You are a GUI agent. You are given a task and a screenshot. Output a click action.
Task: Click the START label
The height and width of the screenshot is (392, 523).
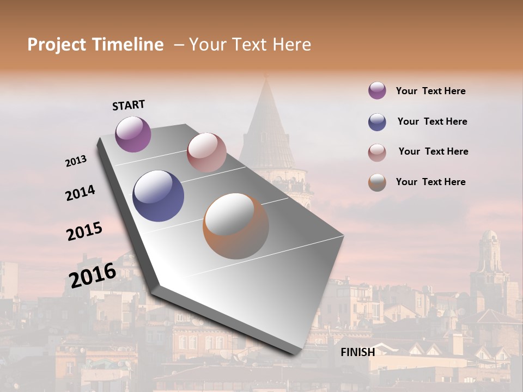pyautogui.click(x=129, y=105)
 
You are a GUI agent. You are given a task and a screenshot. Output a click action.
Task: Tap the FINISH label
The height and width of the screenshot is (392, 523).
pyautogui.click(x=357, y=352)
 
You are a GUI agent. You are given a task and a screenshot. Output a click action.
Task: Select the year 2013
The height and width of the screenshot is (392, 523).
pyautogui.click(x=76, y=161)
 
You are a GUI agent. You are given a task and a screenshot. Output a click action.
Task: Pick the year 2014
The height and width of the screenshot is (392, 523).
pyautogui.click(x=80, y=193)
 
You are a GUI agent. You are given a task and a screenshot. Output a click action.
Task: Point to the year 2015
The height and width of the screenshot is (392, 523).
pyautogui.click(x=84, y=231)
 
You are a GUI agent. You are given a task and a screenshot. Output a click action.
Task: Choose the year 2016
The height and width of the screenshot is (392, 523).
pyautogui.click(x=93, y=275)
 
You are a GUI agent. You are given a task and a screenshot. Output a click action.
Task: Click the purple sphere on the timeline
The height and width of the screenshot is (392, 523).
pyautogui.click(x=133, y=134)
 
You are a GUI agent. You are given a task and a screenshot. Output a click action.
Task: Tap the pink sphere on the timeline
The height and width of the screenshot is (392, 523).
pyautogui.click(x=206, y=152)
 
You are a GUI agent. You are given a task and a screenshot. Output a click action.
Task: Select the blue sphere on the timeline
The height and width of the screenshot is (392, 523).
pyautogui.click(x=158, y=196)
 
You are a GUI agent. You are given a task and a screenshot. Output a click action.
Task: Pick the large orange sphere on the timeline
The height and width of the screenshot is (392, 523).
pyautogui.click(x=236, y=226)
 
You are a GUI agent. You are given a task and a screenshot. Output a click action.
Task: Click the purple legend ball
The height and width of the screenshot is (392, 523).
pyautogui.click(x=377, y=90)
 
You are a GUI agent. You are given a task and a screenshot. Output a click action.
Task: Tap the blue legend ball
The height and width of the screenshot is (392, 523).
pyautogui.click(x=377, y=122)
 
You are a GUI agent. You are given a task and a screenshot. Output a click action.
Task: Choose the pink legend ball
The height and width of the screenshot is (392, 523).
pyautogui.click(x=377, y=152)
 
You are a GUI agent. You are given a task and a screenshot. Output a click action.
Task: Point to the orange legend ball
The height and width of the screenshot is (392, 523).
pyautogui.click(x=377, y=183)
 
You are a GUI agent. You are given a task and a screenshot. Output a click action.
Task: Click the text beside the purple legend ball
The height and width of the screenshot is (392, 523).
pyautogui.click(x=430, y=91)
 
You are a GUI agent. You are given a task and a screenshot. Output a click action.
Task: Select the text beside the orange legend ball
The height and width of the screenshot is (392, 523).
pyautogui.click(x=430, y=182)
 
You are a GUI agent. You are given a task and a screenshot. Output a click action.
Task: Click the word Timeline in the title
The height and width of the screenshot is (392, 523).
pyautogui.click(x=126, y=45)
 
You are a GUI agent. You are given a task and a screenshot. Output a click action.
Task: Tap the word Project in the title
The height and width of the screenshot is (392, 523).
pyautogui.click(x=57, y=45)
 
